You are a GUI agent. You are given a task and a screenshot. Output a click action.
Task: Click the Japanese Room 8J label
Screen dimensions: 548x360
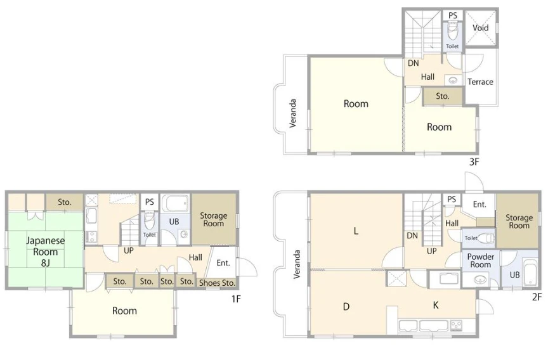point(46,252)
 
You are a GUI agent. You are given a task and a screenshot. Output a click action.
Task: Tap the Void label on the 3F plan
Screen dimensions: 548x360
point(480,28)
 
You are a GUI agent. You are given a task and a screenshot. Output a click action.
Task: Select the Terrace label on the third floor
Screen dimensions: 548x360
point(480,82)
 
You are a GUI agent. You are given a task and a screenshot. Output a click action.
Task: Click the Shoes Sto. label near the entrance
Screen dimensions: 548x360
point(217,283)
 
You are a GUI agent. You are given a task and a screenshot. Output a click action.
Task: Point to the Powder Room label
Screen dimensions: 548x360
point(481,260)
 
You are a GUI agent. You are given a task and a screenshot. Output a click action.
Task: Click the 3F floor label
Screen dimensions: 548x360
point(474,162)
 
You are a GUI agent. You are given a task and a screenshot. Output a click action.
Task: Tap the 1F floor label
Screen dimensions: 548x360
point(236,299)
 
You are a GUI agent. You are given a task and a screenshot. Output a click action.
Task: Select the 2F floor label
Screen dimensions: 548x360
point(537,297)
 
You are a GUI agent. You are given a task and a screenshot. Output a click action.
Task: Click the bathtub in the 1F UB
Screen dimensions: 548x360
point(177,203)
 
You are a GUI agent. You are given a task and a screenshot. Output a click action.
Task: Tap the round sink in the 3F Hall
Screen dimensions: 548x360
point(453,80)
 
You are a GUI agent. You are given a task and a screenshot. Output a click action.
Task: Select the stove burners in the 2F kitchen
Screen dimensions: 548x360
point(456,326)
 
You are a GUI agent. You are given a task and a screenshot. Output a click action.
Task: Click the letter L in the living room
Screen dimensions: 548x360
point(356,231)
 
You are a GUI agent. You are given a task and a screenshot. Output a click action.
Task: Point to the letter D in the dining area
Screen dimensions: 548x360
point(346,307)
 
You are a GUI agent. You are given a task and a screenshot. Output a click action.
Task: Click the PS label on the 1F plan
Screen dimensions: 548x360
point(150,202)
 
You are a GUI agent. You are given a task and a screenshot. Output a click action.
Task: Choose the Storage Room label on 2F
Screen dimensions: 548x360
point(519,221)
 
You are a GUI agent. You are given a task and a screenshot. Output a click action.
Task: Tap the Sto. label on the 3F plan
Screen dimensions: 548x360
point(443,96)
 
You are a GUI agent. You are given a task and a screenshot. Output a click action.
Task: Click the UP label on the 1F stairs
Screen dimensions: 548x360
point(129,250)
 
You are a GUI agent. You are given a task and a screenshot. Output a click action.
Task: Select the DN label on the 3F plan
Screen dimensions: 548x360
point(413,63)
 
